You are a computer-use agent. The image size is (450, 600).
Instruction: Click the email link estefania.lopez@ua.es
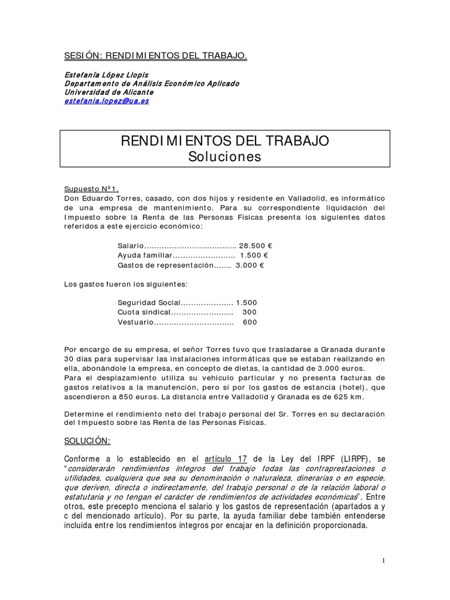pos(106,101)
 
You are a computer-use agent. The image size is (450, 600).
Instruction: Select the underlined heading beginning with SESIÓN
pos(155,56)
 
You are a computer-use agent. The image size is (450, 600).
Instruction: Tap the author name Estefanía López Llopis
pos(107,74)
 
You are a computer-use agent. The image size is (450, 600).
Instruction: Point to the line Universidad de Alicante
pos(108,92)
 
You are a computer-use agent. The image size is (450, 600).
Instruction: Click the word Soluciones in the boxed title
pos(224,156)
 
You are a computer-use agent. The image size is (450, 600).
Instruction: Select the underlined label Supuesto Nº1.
pos(91,189)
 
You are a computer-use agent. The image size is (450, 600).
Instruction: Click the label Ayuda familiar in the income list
pos(145,255)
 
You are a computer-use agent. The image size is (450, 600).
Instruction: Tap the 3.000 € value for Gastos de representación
pos(250,265)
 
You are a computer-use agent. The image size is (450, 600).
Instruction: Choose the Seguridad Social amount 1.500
pos(246,303)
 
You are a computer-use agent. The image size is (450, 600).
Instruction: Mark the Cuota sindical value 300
pos(250,312)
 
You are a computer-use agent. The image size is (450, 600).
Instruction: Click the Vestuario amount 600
pos(250,322)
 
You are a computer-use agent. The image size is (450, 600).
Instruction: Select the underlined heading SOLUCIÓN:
pos(87,441)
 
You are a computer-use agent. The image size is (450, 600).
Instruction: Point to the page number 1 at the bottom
pos(383,561)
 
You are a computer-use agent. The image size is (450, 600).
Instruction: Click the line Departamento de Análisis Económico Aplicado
pos(151,83)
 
